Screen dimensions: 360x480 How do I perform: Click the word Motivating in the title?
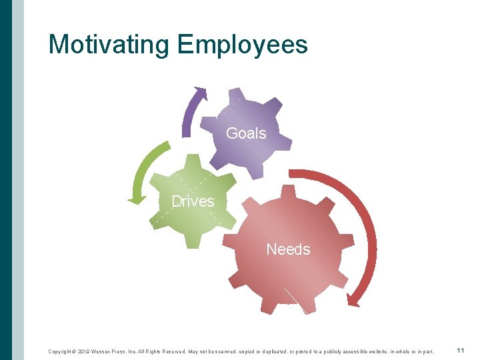[x=109, y=45]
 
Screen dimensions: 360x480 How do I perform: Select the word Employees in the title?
[x=243, y=45]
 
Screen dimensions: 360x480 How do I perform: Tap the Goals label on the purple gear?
[x=246, y=133]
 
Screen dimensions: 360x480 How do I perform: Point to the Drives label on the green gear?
[x=193, y=201]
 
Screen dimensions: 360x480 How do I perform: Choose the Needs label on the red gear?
[x=288, y=249]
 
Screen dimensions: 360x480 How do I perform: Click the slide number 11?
[x=461, y=351]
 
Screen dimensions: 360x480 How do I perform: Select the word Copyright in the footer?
[x=62, y=351]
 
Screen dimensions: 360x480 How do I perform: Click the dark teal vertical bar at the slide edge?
[x=6, y=180]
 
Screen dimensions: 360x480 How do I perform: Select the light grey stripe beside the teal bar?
[x=18, y=180]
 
